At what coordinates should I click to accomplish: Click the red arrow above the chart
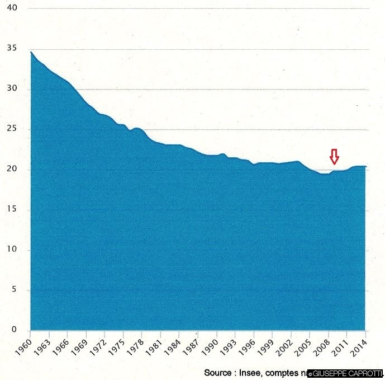(334, 157)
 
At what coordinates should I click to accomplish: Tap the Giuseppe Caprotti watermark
(345, 373)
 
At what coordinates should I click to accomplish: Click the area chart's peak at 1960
(31, 52)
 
